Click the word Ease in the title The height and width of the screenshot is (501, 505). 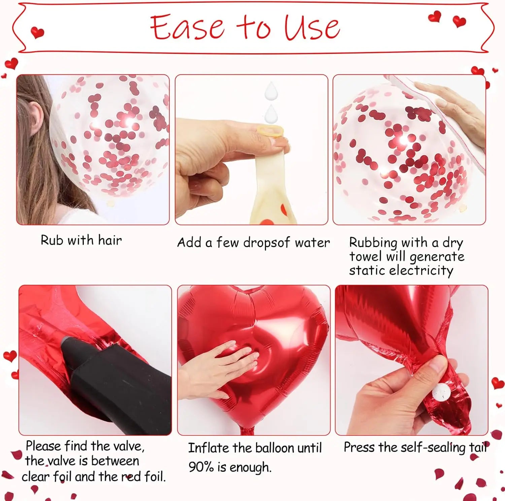click(187, 27)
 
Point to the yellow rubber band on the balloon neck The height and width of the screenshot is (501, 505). click(270, 131)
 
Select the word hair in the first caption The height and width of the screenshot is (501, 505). click(110, 240)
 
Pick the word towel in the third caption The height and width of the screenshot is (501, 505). click(365, 257)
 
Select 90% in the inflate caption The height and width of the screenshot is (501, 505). click(201, 467)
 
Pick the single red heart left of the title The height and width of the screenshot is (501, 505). click(37, 33)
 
